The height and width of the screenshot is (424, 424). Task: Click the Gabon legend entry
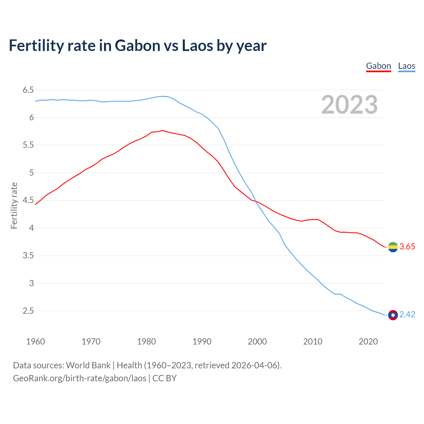click(378, 66)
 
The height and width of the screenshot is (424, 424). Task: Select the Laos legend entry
click(406, 66)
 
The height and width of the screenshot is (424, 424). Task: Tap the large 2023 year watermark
click(349, 105)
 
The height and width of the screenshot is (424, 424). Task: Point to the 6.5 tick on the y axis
click(28, 90)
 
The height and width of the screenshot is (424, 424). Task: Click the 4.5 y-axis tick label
click(28, 200)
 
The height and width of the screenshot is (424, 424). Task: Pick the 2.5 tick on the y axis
click(28, 311)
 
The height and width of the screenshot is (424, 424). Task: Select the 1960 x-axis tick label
click(35, 342)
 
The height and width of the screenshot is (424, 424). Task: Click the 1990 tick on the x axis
click(202, 342)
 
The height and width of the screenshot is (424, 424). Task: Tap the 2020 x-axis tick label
click(368, 342)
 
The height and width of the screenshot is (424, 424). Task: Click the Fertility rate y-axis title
click(14, 205)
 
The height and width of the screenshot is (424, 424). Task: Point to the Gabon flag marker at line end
click(393, 247)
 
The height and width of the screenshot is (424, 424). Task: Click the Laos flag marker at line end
click(393, 315)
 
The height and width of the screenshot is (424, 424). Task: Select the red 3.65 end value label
click(407, 247)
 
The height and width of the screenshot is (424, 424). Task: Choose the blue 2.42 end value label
click(407, 315)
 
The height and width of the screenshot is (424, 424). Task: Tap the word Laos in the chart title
click(197, 45)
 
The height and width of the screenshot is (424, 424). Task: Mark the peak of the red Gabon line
click(163, 131)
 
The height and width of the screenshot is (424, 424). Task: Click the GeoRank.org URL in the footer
click(79, 378)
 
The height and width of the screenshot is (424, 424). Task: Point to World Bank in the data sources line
click(88, 365)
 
